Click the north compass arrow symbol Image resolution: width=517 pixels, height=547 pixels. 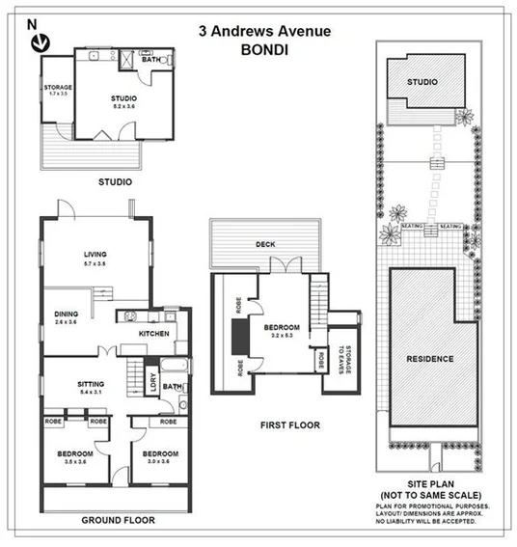click(40, 42)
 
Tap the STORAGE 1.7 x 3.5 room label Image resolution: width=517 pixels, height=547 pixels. click(58, 92)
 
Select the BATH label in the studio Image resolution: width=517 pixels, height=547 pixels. click(151, 61)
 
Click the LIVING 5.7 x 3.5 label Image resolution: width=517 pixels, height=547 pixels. click(95, 260)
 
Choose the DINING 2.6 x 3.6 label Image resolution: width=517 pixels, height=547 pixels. click(67, 318)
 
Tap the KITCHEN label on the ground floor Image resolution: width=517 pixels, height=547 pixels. click(153, 334)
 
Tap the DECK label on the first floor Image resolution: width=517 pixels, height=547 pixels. click(266, 244)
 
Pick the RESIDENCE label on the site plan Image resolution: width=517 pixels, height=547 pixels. click(429, 359)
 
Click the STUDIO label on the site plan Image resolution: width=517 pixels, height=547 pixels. click(422, 82)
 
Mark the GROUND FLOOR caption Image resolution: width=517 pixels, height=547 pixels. click(118, 521)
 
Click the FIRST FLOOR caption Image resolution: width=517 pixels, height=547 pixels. click(290, 424)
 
